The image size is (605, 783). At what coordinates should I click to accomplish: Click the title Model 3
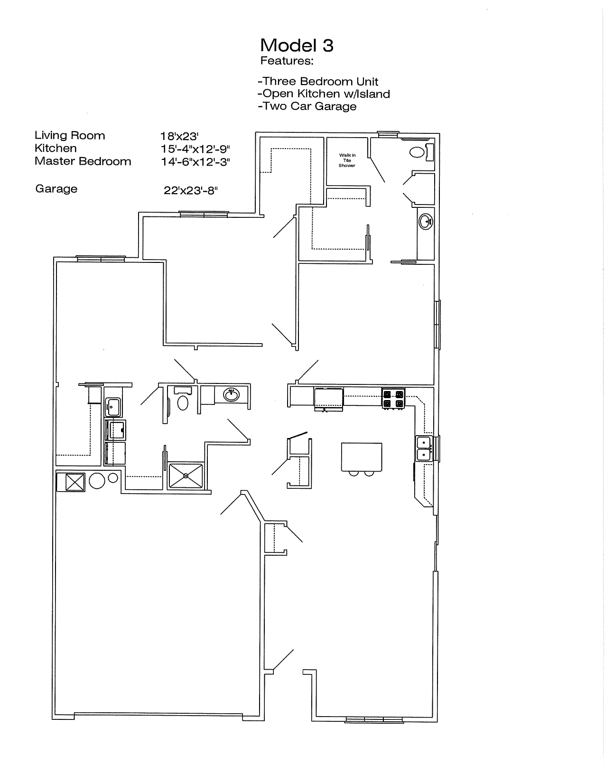297,46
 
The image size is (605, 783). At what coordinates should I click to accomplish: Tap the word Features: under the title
287,61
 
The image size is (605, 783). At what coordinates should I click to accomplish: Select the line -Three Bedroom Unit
318,82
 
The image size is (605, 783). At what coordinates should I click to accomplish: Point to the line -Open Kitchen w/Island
324,93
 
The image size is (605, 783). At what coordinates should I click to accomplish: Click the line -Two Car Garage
307,106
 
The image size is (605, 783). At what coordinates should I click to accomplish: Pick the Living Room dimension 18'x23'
179,136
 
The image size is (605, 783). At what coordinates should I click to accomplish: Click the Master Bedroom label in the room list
83,161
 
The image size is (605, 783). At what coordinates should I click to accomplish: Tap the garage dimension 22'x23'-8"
191,190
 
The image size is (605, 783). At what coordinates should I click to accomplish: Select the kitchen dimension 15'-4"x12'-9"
195,149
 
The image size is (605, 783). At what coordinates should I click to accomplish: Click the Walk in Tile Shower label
347,160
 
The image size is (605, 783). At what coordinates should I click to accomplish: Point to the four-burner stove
393,398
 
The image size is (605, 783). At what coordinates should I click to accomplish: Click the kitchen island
362,457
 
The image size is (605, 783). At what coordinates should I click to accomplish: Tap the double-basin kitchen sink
424,448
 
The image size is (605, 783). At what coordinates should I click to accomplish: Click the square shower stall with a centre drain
186,475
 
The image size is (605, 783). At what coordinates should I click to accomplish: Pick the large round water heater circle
97,481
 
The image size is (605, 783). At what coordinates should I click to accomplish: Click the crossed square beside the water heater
75,482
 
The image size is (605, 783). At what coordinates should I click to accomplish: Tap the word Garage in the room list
56,189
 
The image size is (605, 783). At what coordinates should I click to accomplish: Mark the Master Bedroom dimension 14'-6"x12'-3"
195,162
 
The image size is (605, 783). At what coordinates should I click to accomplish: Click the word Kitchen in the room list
56,148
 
